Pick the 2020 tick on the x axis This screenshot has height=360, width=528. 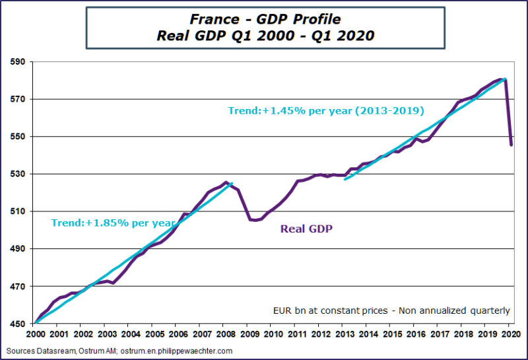click(510, 335)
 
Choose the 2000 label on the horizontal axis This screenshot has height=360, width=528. click(33, 335)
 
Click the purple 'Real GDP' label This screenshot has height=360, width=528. click(306, 229)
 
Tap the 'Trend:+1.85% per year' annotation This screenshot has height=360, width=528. click(113, 223)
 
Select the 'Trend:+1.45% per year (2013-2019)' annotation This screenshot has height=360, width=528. click(326, 110)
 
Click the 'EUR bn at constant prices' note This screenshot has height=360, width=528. click(391, 310)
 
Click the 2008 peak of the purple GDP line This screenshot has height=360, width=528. click(226, 182)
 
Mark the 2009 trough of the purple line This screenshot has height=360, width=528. click(255, 221)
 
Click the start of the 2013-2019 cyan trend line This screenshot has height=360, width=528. click(345, 179)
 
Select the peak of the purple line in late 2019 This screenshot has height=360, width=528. click(504, 79)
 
